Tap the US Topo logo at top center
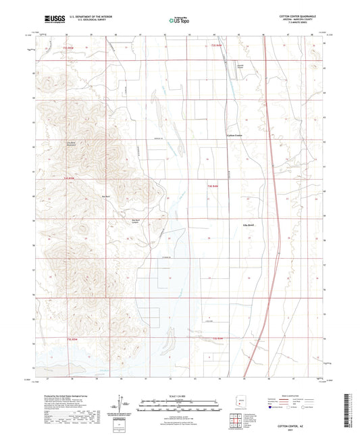click(178, 21)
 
